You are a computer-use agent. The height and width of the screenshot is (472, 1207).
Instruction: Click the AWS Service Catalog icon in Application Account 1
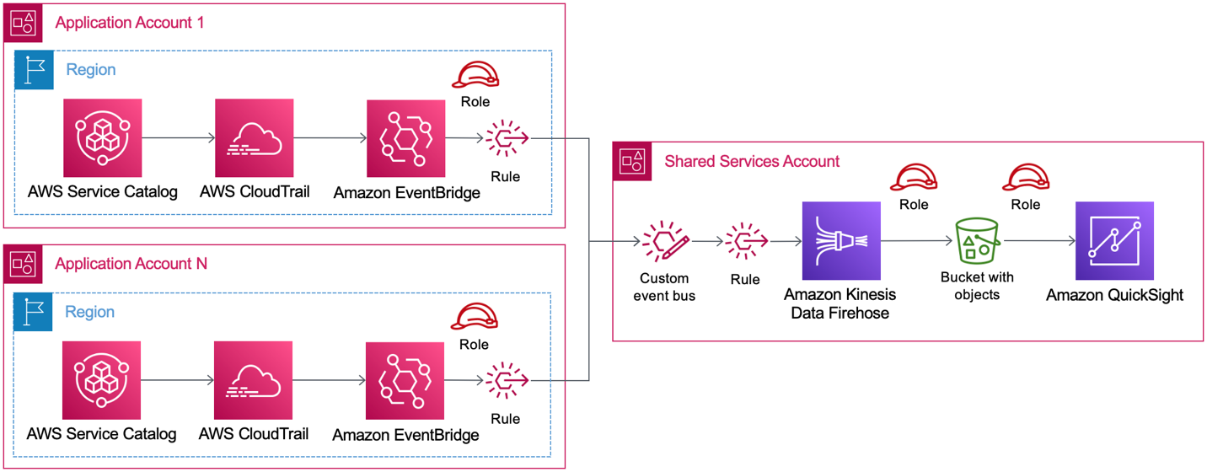point(102,137)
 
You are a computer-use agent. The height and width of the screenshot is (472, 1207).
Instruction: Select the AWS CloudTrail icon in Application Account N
point(253,380)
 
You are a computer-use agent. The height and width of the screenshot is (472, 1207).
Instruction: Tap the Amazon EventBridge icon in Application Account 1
point(405,138)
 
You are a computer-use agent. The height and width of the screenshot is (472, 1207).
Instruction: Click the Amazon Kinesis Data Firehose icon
point(840,241)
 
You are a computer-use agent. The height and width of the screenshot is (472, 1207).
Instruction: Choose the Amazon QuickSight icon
point(1113,241)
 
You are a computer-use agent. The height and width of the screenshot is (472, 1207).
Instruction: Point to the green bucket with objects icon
point(977,240)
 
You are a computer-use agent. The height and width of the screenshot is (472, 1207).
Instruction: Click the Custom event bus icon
point(664,243)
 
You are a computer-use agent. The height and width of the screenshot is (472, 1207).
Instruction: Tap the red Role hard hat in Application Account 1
point(475,76)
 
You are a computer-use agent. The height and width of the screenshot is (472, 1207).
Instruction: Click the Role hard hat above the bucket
point(1025,178)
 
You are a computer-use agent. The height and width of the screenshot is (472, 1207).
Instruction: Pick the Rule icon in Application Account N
point(506,381)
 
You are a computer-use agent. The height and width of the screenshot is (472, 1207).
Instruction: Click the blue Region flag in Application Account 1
point(35,70)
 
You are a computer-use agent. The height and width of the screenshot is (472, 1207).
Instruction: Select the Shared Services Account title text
point(752,161)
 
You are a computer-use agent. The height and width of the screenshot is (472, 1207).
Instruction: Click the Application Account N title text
point(131,264)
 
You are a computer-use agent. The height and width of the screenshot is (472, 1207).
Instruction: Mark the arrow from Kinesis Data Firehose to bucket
point(917,241)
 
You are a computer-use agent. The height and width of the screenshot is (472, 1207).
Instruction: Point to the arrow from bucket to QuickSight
point(1040,241)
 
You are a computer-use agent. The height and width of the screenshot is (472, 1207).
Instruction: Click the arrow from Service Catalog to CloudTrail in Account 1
point(178,137)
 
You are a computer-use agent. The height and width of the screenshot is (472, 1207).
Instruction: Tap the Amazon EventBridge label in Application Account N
point(405,435)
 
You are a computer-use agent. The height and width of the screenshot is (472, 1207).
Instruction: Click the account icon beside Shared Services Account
point(632,161)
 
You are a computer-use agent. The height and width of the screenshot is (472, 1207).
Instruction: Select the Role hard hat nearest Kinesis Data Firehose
point(914,178)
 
